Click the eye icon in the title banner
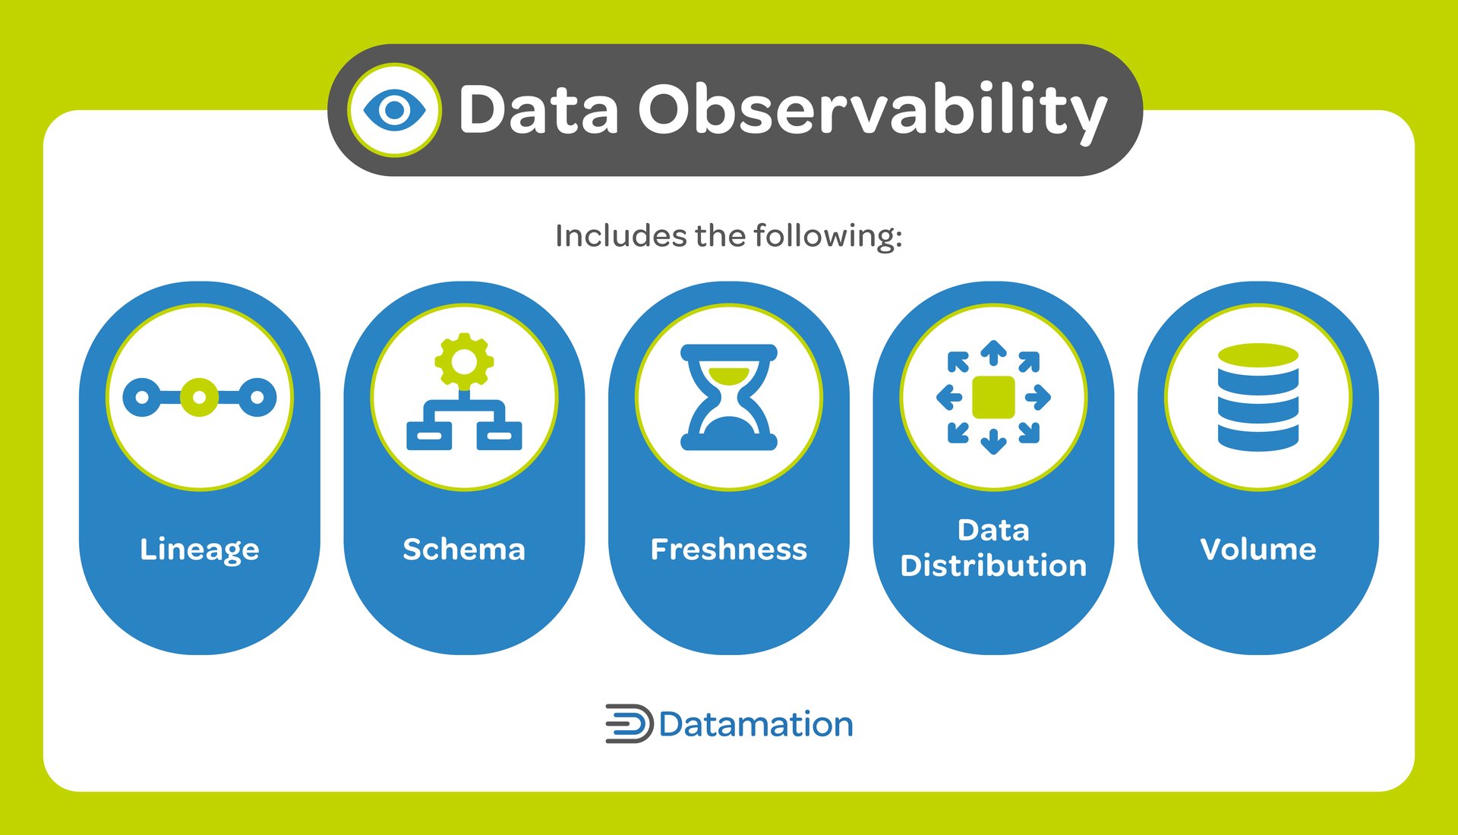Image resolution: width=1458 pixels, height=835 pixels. click(394, 110)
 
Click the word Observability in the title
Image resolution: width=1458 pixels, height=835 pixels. click(872, 110)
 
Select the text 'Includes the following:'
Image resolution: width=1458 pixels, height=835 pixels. click(728, 236)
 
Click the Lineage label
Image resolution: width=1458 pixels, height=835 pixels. click(200, 549)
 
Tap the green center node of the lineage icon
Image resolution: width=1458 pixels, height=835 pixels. click(199, 397)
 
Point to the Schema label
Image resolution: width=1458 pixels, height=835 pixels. click(464, 549)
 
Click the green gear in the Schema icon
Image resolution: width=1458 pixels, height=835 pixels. click(464, 362)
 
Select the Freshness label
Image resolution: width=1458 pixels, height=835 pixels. click(728, 549)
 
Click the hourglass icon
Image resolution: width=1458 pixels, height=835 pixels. click(729, 397)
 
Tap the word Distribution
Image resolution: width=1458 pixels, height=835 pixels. click(993, 566)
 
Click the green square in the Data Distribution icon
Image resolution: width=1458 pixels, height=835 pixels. click(993, 397)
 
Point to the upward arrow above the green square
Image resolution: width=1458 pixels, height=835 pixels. click(993, 352)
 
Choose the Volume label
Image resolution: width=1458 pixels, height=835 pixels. click(1258, 549)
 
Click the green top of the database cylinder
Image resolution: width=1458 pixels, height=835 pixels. click(1258, 354)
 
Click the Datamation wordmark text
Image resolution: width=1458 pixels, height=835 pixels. click(756, 724)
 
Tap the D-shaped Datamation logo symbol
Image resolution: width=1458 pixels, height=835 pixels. click(629, 723)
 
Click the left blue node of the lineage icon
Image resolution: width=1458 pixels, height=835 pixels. click(141, 397)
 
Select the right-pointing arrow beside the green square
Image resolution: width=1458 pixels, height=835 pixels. click(1038, 397)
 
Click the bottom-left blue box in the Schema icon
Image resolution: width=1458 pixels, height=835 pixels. click(429, 436)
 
